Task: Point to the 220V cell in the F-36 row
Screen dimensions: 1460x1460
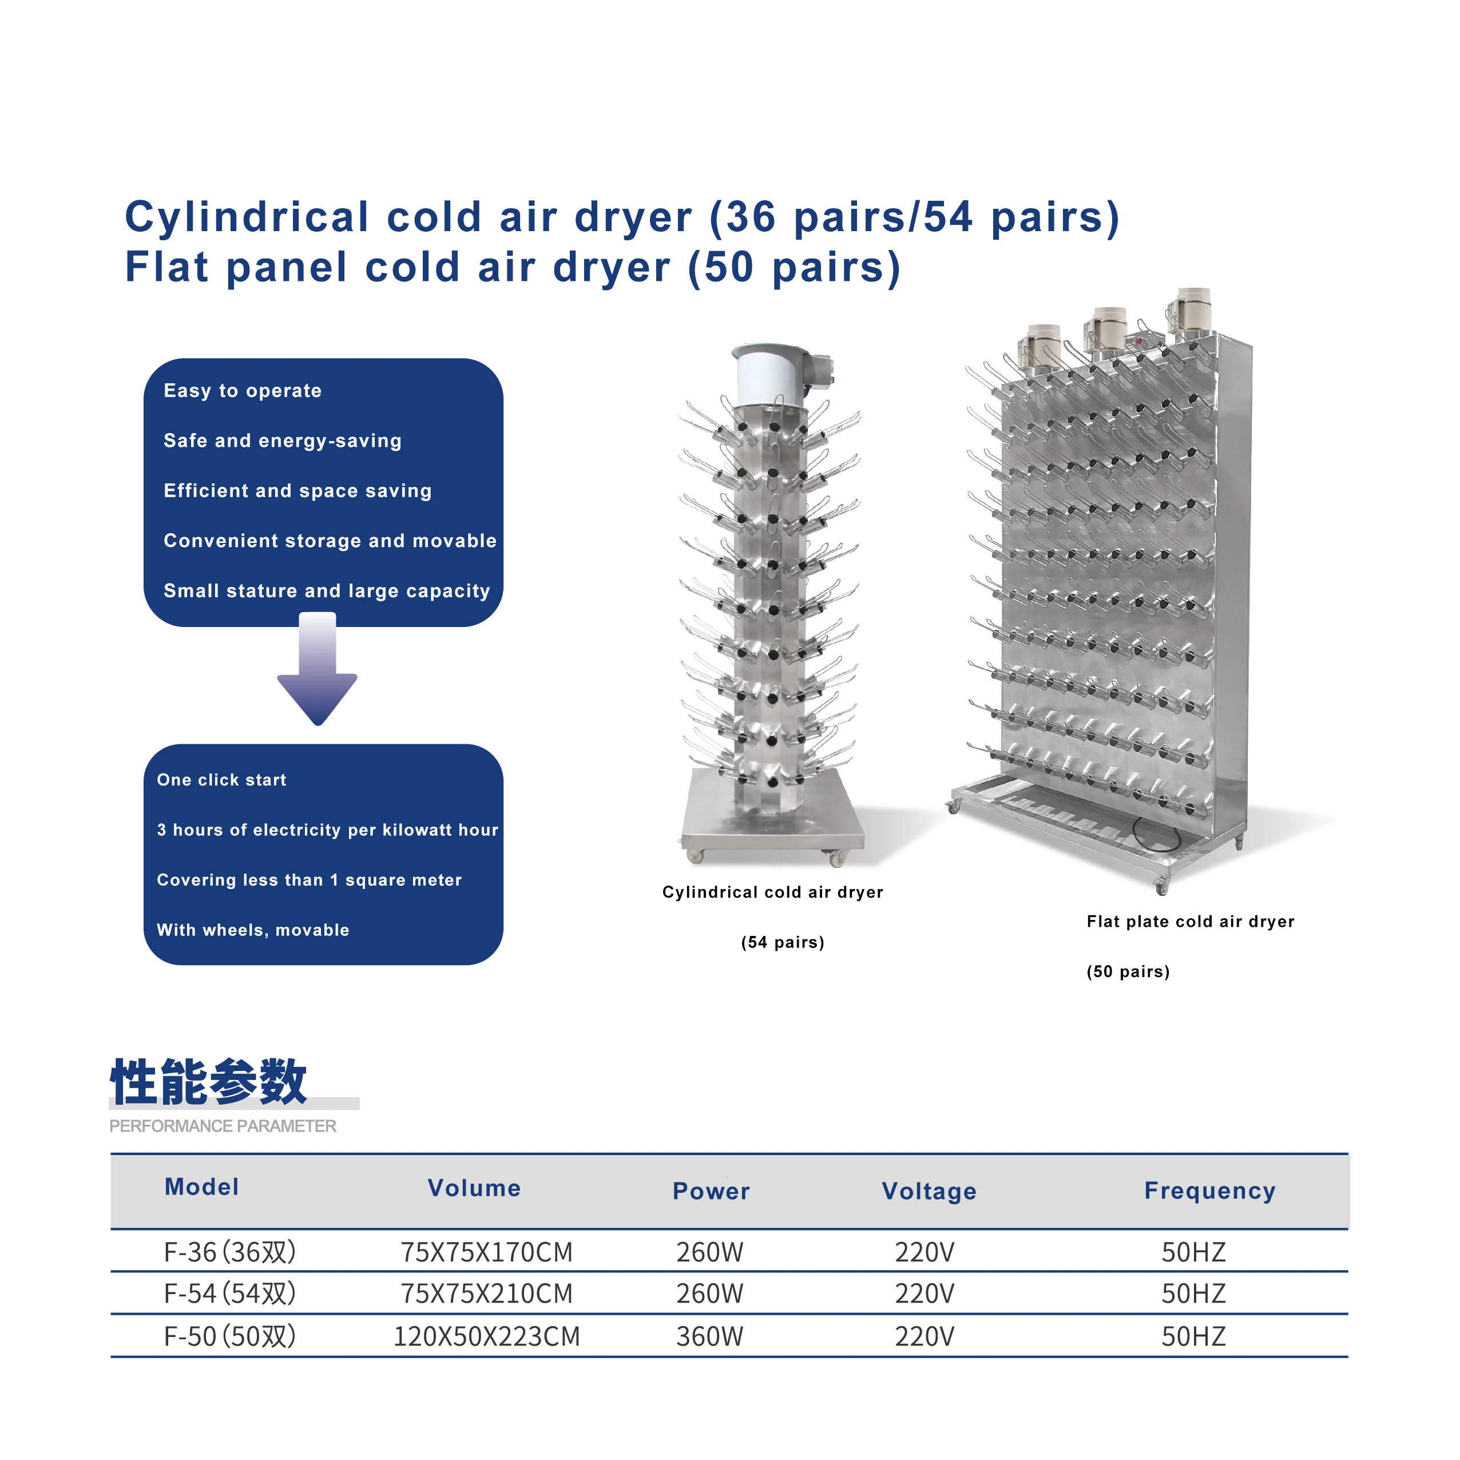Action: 924,1252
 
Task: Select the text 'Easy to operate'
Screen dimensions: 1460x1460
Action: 243,391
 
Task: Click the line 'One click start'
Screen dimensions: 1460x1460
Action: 221,780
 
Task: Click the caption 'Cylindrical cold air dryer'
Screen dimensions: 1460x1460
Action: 772,892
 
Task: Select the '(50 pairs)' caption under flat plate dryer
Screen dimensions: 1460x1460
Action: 1128,972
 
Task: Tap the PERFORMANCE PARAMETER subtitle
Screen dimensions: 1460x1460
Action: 223,1126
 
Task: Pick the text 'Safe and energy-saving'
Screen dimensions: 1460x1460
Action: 283,441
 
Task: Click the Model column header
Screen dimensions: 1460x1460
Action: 202,1187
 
